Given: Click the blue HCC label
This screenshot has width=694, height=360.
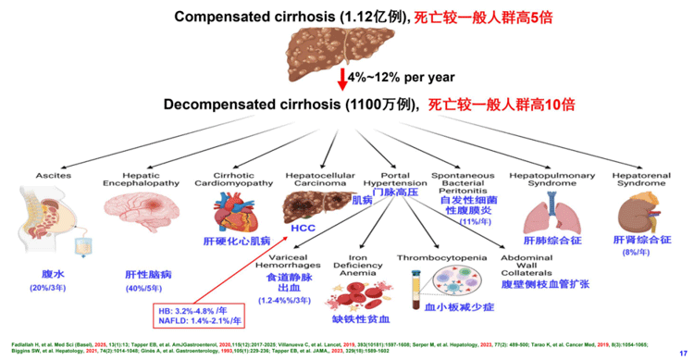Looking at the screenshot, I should point(303,227).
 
